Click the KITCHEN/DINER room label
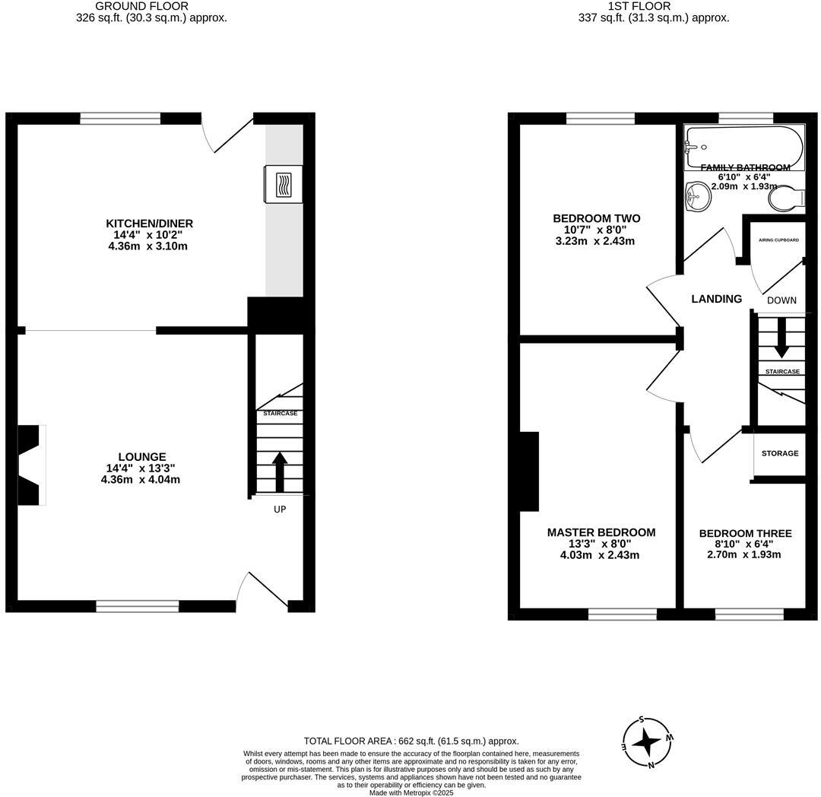coord(149,224)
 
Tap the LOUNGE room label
coord(141,457)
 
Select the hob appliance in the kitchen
coord(283,184)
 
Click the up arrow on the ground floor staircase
coord(280,472)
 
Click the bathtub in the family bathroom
coord(743,141)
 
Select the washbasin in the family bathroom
coord(698,197)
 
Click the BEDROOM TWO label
coord(596,219)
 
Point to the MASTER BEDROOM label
coord(601,532)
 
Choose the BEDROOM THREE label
coord(745,534)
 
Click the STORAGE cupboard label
coord(780,453)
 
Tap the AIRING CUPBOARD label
coord(778,240)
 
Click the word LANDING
coord(716,299)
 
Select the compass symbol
coord(647,741)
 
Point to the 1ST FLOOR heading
coord(628,6)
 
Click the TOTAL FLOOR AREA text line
coord(411,741)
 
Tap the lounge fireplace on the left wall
coord(30,464)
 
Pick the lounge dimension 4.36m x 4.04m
coord(141,480)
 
